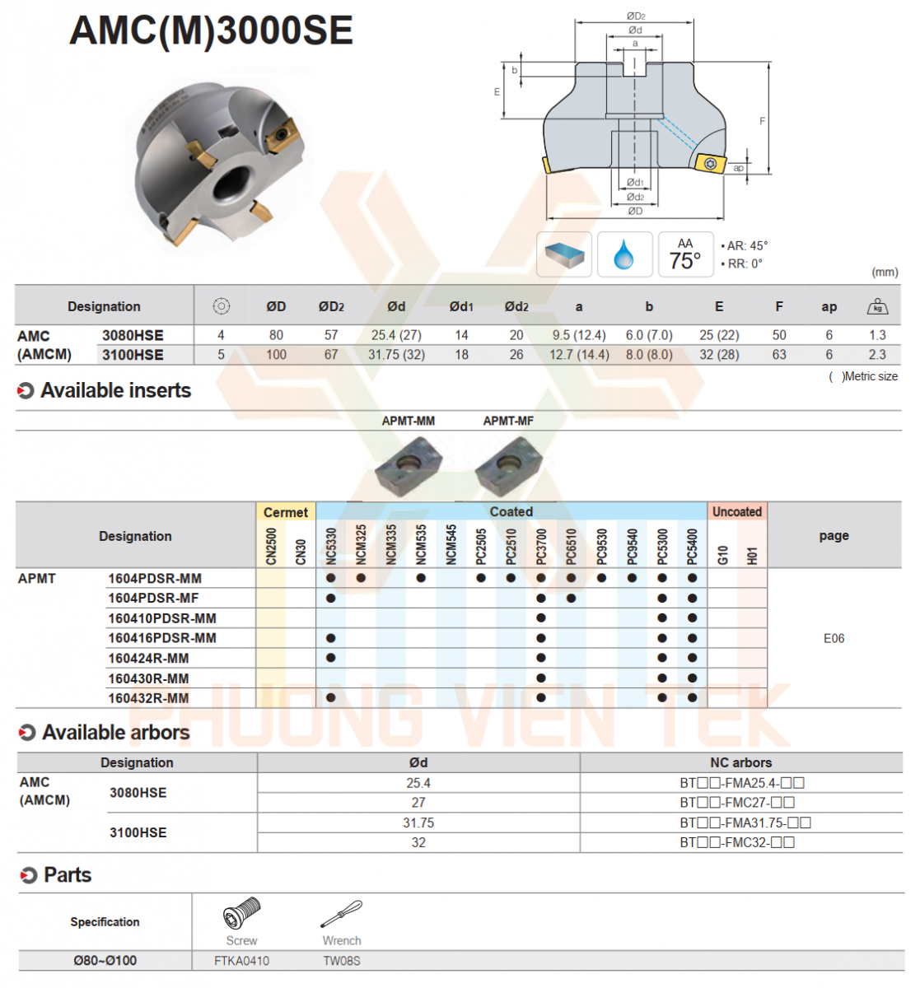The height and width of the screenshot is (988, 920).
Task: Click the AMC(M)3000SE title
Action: [x=211, y=31]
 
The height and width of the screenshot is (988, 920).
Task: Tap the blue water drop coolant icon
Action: [x=625, y=254]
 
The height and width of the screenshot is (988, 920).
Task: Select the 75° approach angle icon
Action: [x=685, y=254]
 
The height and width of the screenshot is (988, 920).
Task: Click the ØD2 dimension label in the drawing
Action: [x=635, y=16]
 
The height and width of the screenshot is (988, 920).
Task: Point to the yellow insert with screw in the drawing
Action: [x=710, y=163]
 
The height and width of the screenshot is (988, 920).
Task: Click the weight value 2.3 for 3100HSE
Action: [x=877, y=355]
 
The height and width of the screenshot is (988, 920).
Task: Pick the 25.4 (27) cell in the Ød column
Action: [x=396, y=335]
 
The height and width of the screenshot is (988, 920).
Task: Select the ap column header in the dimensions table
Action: [x=829, y=307]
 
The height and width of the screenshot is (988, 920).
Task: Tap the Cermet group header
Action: [x=285, y=512]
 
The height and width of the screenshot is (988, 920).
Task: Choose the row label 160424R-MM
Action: [x=148, y=659]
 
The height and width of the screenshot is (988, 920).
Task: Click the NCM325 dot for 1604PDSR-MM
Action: [x=361, y=578]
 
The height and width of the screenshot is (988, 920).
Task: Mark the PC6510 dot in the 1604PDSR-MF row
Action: [x=571, y=599]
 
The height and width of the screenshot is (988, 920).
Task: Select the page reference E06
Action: [x=834, y=638]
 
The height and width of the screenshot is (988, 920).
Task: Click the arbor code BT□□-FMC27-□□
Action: [x=737, y=803]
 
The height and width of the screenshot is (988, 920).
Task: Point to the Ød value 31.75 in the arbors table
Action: [x=418, y=823]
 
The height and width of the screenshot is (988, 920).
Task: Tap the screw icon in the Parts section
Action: [x=242, y=915]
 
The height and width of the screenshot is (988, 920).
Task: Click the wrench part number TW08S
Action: [x=342, y=961]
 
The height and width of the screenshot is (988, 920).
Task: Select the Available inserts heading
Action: [x=115, y=391]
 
